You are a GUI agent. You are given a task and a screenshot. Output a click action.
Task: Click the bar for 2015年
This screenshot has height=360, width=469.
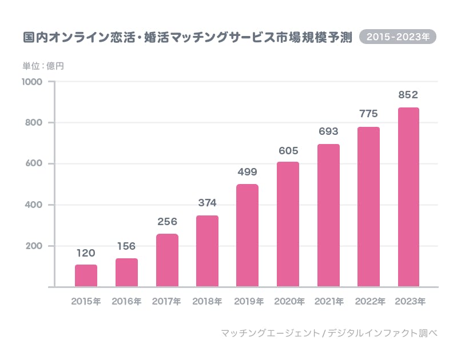point(86,275)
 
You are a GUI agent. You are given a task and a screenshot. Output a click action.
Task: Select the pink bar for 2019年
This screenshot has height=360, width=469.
point(247,235)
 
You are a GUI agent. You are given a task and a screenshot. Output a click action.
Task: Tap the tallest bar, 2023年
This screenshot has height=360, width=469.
point(408,197)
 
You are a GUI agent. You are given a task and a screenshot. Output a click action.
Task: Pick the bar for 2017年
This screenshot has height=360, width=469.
point(166,260)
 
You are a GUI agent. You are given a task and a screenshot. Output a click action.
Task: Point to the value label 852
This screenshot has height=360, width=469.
point(408,95)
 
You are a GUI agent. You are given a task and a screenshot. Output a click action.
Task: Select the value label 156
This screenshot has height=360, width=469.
point(126,246)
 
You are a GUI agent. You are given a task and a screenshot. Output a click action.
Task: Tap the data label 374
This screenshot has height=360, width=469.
point(207,203)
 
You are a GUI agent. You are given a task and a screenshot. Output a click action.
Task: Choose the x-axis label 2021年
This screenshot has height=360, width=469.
point(328,301)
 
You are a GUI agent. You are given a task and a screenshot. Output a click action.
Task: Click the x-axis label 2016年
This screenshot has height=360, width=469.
point(126,301)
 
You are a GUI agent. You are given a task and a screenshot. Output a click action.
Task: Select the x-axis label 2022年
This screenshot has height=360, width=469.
point(369,301)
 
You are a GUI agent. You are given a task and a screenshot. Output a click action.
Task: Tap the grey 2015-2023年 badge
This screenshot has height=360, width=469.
point(398,37)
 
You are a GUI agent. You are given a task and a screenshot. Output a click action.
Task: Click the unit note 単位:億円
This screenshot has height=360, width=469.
point(43,66)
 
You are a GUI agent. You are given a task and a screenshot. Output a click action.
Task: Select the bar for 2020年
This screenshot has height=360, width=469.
point(288,224)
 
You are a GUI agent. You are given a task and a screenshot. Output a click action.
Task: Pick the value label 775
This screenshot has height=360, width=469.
point(368,114)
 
